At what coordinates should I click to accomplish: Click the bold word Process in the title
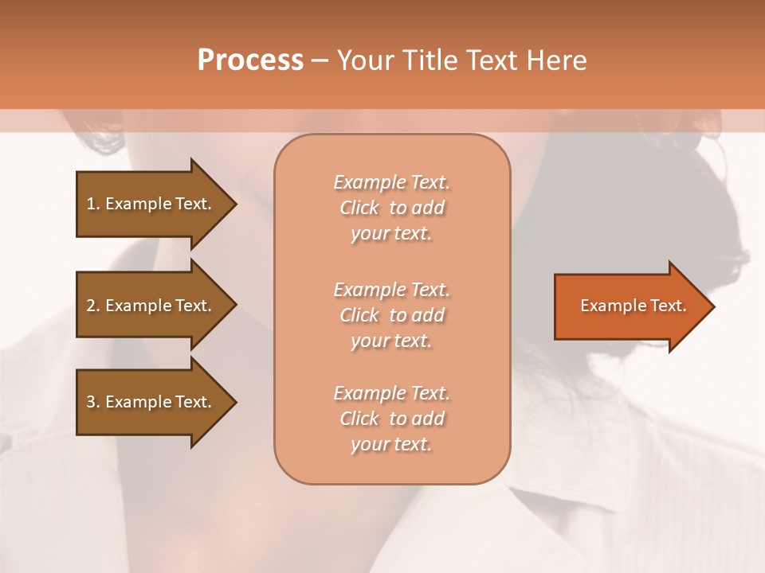pos(250,60)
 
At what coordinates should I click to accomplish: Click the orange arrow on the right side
pos(630,306)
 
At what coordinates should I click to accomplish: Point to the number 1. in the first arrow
pos(92,204)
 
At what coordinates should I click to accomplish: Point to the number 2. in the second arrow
pos(92,306)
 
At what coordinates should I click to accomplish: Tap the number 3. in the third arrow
pos(92,402)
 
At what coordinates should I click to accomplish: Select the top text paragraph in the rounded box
pos(391,208)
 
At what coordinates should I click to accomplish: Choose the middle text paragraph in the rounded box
pos(391,315)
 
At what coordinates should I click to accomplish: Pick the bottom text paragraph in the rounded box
pos(391,419)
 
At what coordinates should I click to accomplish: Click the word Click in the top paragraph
pos(359,208)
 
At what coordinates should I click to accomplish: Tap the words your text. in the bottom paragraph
pos(391,444)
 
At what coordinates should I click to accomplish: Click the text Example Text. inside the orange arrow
pos(633,306)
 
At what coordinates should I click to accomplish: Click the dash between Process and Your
pos(319,60)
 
